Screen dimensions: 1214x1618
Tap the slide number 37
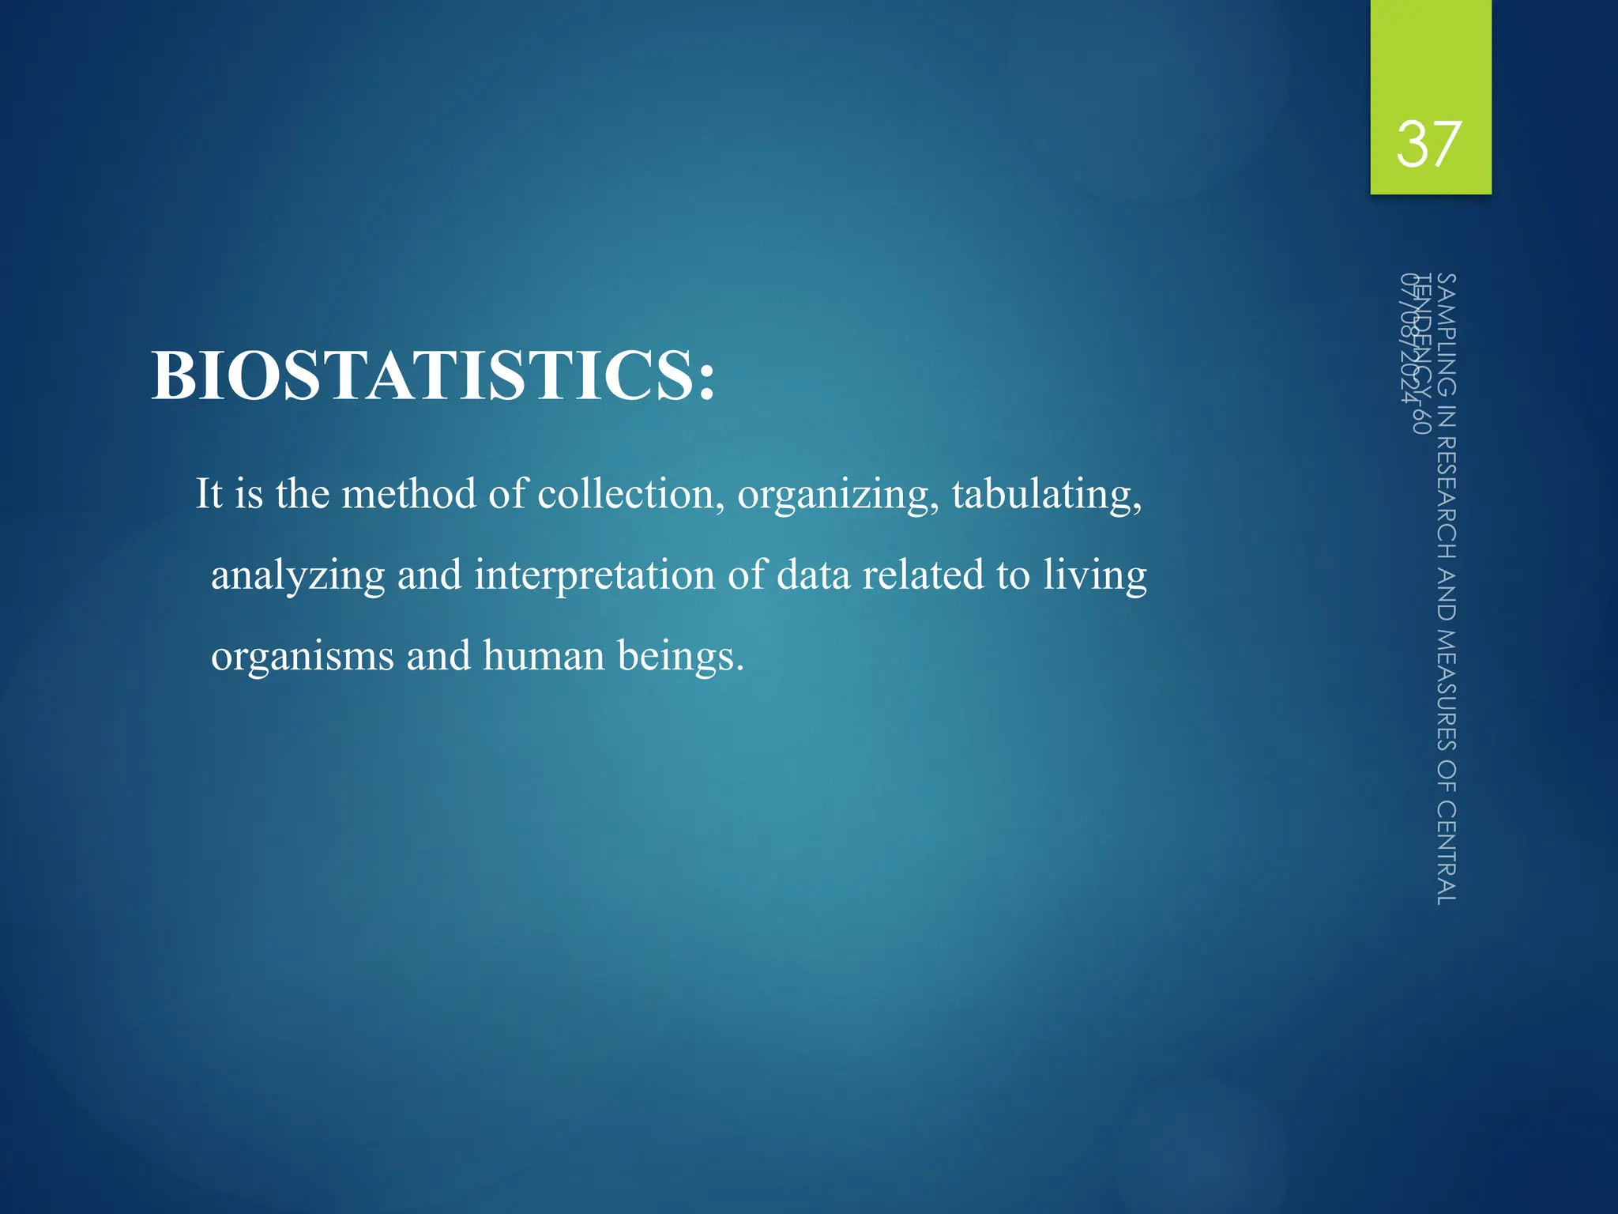(1428, 145)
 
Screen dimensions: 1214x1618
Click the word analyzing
(298, 576)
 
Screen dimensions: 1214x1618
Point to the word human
(544, 656)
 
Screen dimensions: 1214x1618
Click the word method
(408, 494)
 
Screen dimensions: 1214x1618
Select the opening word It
(209, 494)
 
